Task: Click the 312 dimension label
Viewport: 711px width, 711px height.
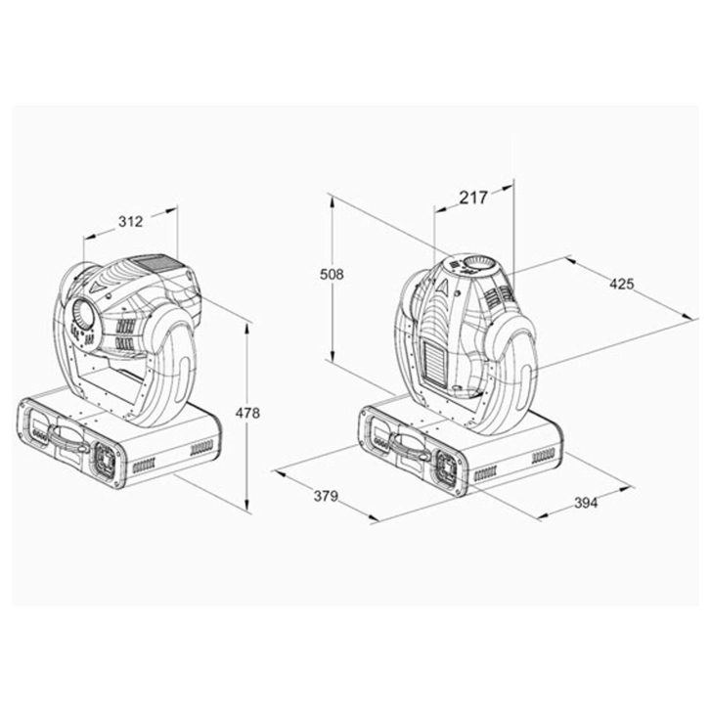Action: tap(131, 222)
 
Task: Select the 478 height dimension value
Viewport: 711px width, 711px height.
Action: tap(247, 413)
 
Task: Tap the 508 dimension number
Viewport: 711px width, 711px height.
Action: tap(332, 275)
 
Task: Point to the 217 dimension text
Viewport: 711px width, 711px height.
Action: tap(473, 198)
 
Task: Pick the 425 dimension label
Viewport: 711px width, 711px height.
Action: tap(622, 285)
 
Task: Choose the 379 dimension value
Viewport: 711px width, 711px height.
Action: tap(326, 496)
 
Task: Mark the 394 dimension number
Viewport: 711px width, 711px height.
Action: tap(586, 503)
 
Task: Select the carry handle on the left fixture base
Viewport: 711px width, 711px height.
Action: tap(68, 437)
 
